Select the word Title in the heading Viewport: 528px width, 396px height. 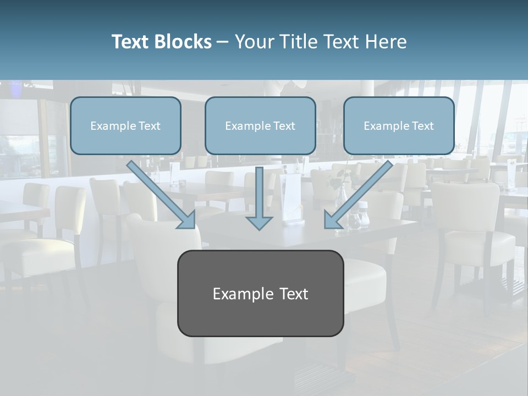pos(297,42)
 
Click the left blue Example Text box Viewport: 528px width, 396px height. pos(125,125)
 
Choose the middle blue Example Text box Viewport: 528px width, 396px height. pos(260,125)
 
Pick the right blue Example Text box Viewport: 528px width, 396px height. pos(399,125)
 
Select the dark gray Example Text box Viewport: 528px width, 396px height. pos(260,293)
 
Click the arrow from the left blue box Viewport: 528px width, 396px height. pos(159,193)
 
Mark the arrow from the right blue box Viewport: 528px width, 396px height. pos(360,193)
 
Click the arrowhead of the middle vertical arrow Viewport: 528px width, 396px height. pos(259,222)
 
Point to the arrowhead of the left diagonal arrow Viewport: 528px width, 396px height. pos(187,219)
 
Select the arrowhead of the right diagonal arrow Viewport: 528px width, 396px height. pos(332,219)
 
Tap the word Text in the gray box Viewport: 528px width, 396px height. pos(294,294)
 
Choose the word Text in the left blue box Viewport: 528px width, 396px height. pos(149,126)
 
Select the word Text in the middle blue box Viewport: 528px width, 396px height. pos(284,126)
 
